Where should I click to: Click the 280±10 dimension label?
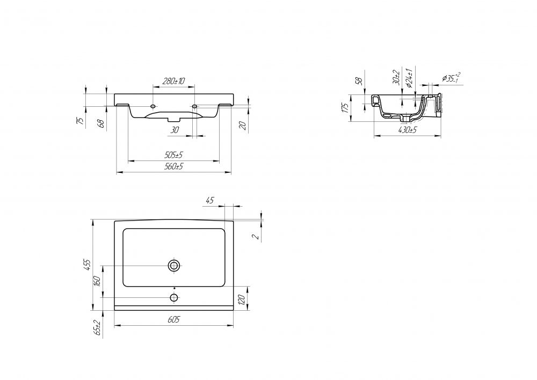(x=173, y=81)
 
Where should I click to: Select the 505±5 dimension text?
(x=173, y=155)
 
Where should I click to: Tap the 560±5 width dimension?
(x=173, y=166)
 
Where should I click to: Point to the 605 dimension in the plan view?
(x=173, y=320)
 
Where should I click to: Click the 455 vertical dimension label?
(x=88, y=265)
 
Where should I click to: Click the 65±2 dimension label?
(x=97, y=327)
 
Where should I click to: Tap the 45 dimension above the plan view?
(x=209, y=200)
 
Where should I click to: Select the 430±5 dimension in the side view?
(x=408, y=130)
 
